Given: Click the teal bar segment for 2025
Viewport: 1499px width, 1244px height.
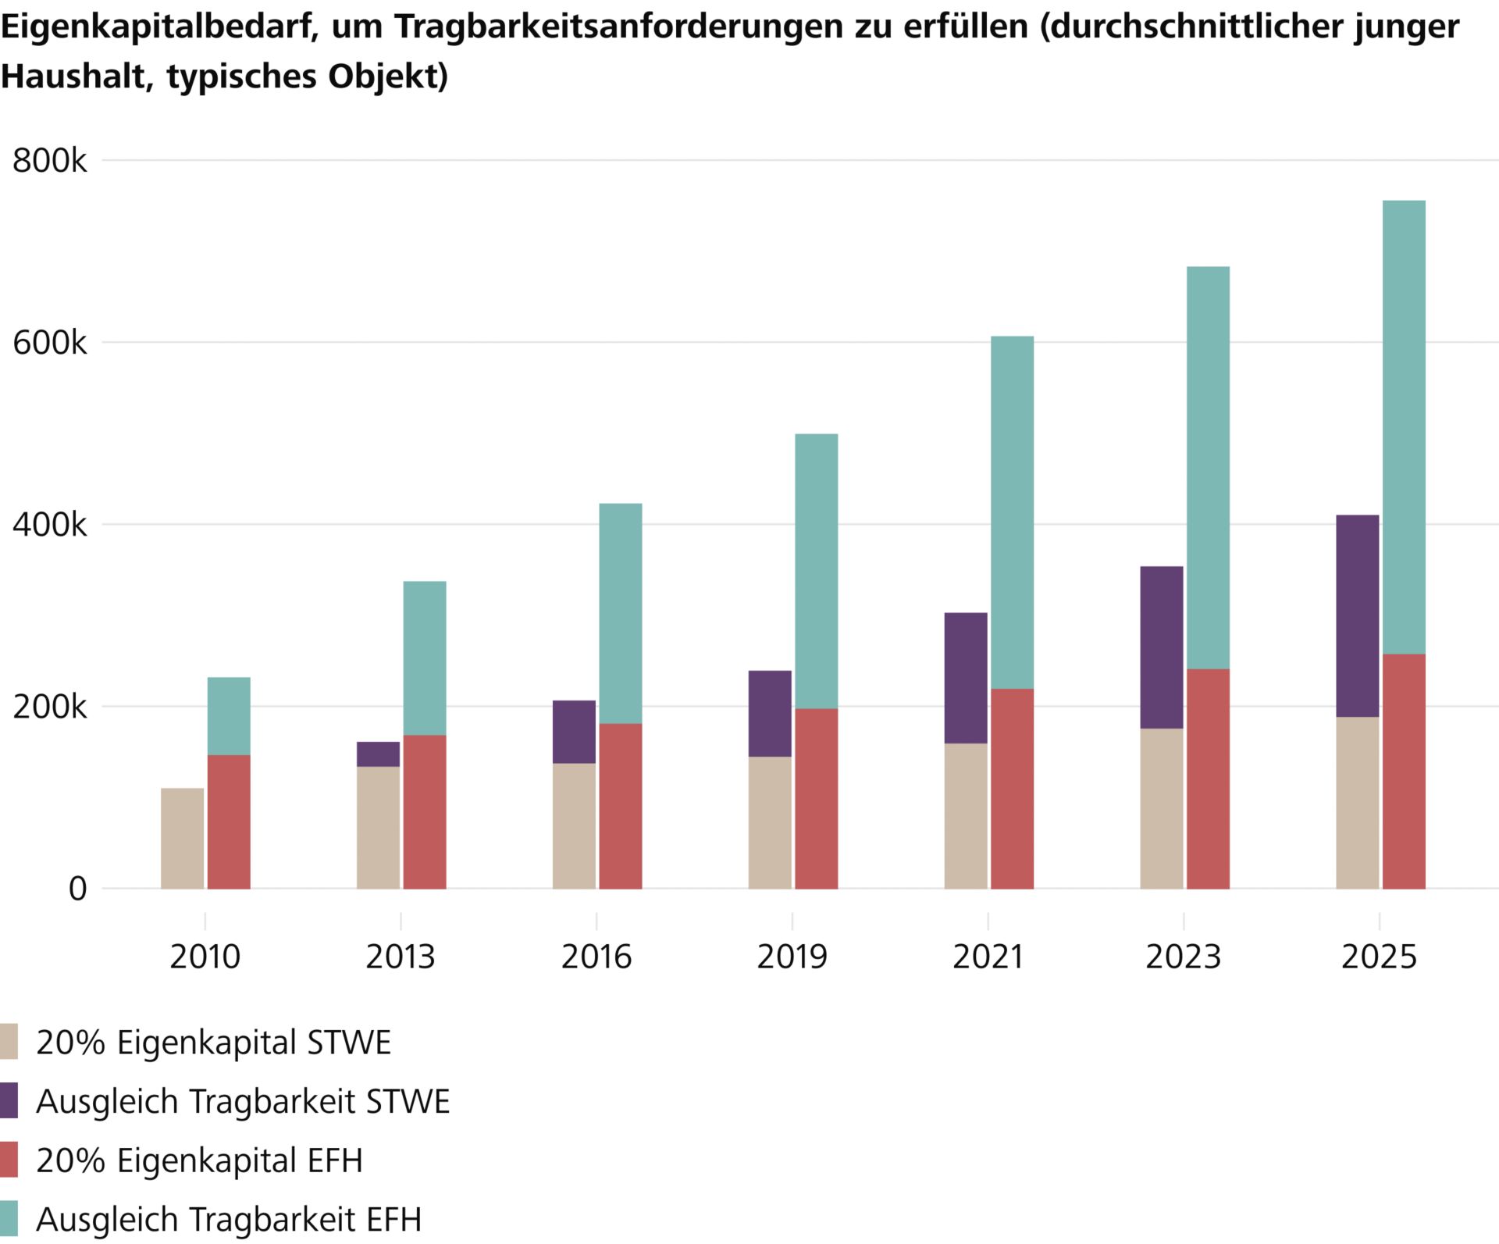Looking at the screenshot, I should coord(1403,426).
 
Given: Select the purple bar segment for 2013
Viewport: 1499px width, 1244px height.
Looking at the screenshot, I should coord(378,754).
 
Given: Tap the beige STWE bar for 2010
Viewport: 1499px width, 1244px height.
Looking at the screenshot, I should coord(182,838).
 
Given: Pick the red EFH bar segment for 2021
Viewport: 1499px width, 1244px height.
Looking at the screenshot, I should coord(1012,788).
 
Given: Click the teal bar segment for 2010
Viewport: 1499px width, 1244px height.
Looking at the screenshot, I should coord(229,715).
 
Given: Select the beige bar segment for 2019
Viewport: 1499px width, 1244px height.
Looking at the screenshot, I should coord(769,822).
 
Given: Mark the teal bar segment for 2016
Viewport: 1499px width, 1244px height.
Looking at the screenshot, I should coord(620,613).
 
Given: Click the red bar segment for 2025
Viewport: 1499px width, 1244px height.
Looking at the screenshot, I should coord(1403,771).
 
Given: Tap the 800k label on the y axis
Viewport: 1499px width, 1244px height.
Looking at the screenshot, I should coord(50,161).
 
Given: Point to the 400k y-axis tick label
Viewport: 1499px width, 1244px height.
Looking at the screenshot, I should coord(50,525).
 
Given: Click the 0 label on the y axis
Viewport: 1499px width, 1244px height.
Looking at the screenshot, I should coord(77,889).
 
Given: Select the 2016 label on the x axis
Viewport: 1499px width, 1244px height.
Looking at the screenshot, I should coord(596,957).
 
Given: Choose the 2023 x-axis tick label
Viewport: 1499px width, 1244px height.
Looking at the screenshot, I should coord(1183,957).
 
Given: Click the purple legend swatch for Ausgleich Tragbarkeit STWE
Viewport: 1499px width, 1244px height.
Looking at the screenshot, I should coord(9,1101).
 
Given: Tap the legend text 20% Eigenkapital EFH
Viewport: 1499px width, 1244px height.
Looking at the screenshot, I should coord(199,1160).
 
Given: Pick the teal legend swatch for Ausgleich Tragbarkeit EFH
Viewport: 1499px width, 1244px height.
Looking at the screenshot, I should coord(9,1219).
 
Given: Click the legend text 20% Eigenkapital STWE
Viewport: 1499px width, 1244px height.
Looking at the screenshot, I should coord(213,1043).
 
